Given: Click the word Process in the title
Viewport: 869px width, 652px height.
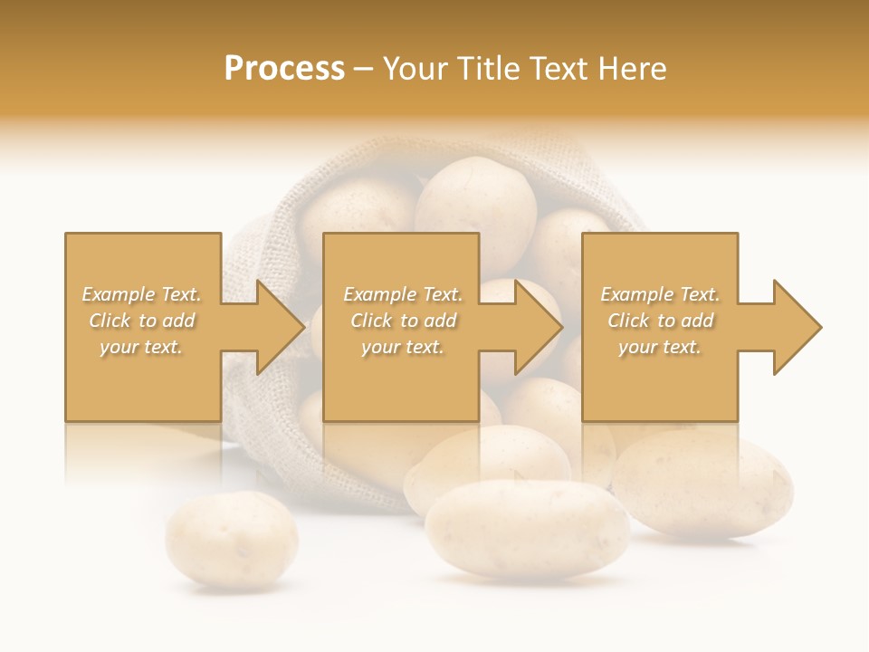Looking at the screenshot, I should [284, 69].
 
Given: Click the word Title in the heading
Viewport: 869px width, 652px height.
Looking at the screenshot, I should [486, 69].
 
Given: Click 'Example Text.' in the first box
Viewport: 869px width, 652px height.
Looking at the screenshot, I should [142, 294].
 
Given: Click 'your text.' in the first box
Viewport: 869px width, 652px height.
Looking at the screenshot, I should [141, 347].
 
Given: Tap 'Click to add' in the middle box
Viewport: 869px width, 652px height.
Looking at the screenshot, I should [403, 321].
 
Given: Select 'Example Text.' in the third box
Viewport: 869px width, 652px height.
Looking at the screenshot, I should [660, 294].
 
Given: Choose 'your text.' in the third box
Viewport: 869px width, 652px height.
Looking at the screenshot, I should [660, 347].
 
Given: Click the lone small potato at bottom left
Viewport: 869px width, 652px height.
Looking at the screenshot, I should [232, 541].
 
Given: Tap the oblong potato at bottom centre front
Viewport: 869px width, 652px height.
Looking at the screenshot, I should [527, 529].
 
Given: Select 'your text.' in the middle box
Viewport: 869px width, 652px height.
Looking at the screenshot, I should [403, 347].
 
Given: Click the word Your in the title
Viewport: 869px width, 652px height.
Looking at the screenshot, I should [414, 69].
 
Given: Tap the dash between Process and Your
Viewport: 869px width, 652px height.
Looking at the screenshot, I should [363, 70].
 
